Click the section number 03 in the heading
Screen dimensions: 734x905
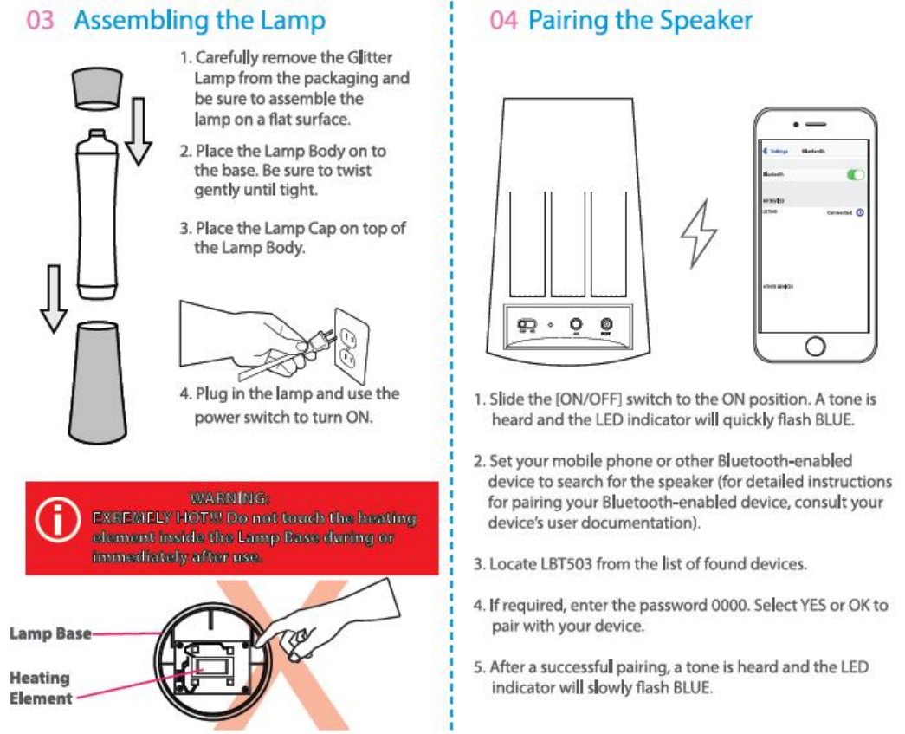41,20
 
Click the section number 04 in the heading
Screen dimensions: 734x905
503,20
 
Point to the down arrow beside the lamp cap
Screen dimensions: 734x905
138,133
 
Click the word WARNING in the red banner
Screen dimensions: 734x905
229,498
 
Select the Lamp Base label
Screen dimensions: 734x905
49,633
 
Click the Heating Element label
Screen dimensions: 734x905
41,688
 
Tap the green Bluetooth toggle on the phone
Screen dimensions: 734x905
856,174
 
